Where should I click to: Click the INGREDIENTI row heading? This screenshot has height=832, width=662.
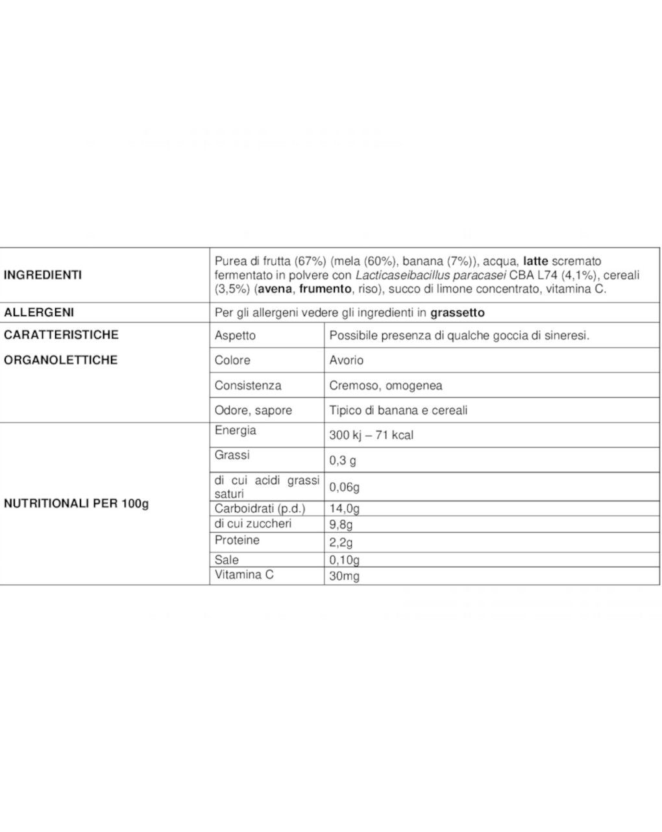(43, 275)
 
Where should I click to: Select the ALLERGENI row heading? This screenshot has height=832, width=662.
(39, 312)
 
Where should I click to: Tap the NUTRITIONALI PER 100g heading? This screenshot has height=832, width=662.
(77, 504)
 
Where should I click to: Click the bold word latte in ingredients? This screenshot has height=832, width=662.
(535, 262)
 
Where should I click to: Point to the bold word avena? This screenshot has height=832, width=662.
(275, 289)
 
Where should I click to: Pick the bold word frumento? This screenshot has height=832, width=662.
(325, 289)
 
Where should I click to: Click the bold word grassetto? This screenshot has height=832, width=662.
(457, 312)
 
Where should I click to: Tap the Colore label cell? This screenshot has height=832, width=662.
(232, 360)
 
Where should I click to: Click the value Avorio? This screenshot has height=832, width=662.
(347, 360)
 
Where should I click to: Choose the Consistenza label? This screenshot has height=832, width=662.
(248, 385)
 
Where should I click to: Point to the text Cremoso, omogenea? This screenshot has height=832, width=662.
(386, 385)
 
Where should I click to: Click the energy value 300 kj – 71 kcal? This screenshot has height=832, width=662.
(371, 435)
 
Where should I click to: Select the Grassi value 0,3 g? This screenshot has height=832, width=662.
(343, 461)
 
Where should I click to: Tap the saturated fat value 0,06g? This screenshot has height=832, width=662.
(345, 487)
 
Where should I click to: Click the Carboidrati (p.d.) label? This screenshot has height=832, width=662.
(260, 508)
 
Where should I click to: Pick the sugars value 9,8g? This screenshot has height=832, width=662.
(341, 524)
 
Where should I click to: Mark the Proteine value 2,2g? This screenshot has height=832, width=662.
(341, 543)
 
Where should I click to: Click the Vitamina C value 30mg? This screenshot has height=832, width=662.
(344, 576)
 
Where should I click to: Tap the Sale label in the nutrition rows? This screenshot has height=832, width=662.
(227, 559)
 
